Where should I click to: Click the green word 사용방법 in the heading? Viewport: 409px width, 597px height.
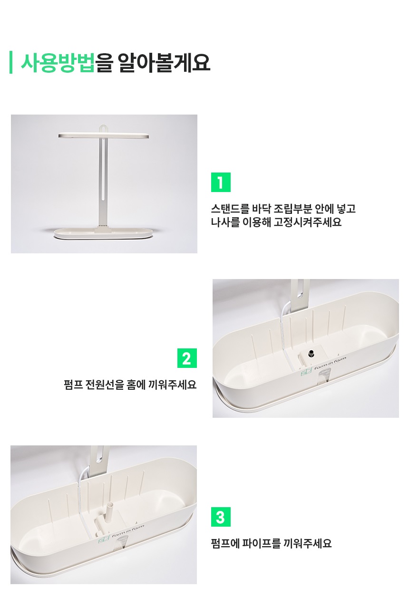(x=58, y=63)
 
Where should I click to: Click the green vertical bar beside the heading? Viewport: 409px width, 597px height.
(x=11, y=62)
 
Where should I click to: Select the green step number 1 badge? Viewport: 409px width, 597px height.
(x=221, y=183)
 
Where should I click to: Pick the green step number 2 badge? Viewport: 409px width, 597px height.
(x=187, y=358)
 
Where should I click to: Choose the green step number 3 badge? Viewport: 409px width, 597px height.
(x=221, y=517)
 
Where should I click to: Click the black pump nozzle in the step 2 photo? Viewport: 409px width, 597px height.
(x=311, y=354)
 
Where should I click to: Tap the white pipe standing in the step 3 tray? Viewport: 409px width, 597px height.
(x=109, y=512)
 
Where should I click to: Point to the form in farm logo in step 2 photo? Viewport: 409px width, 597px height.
(x=324, y=366)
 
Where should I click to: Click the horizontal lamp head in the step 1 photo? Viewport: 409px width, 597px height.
(x=104, y=135)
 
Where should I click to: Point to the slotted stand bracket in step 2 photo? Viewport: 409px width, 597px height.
(x=300, y=295)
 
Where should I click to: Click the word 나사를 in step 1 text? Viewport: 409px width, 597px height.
(x=225, y=222)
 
